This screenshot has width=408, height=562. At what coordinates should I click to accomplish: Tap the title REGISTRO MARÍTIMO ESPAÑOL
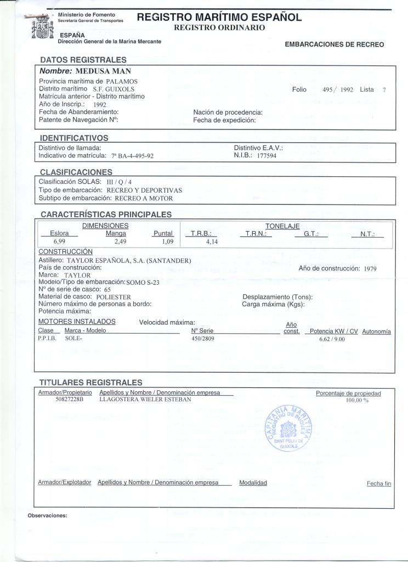[x=219, y=18]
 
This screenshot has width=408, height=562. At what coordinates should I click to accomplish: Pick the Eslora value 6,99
[x=59, y=241]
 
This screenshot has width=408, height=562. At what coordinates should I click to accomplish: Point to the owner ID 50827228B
[x=69, y=400]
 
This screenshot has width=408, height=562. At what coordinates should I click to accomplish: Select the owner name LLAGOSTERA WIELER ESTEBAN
[x=145, y=400]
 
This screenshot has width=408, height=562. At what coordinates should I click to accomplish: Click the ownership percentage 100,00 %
[x=357, y=400]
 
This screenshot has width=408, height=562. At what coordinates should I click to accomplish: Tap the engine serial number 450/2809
[x=202, y=339]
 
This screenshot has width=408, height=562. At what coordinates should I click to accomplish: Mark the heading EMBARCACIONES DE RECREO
[x=334, y=44]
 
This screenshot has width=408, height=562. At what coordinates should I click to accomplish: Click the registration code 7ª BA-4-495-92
[x=132, y=156]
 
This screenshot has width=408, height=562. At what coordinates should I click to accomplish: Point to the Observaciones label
[x=47, y=515]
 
